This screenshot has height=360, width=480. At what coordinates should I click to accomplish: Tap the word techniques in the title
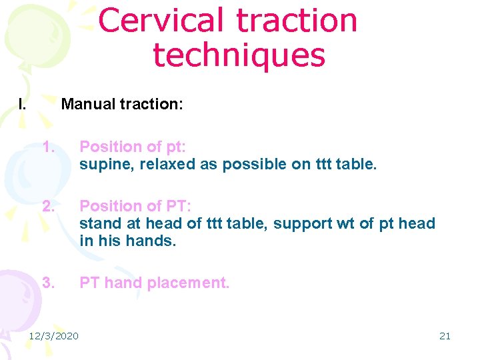239,55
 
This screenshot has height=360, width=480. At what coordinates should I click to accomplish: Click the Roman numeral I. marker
22,104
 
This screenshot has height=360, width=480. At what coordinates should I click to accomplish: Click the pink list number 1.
46,147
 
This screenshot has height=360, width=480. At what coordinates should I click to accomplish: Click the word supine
105,165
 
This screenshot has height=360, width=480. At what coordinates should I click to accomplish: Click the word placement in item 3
189,283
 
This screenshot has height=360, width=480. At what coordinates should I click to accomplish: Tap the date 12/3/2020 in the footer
53,335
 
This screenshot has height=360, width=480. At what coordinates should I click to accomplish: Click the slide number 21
445,335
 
